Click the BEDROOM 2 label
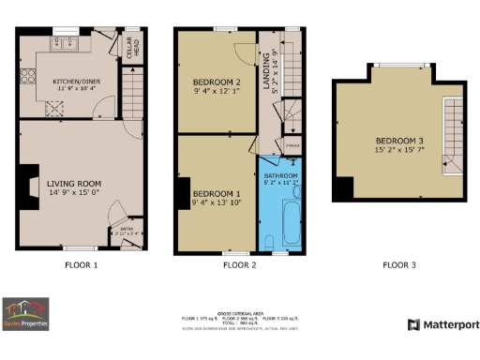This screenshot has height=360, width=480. coord(214,84)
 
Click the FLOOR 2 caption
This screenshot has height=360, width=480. coord(239,265)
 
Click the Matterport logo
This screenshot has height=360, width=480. coord(443,324)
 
